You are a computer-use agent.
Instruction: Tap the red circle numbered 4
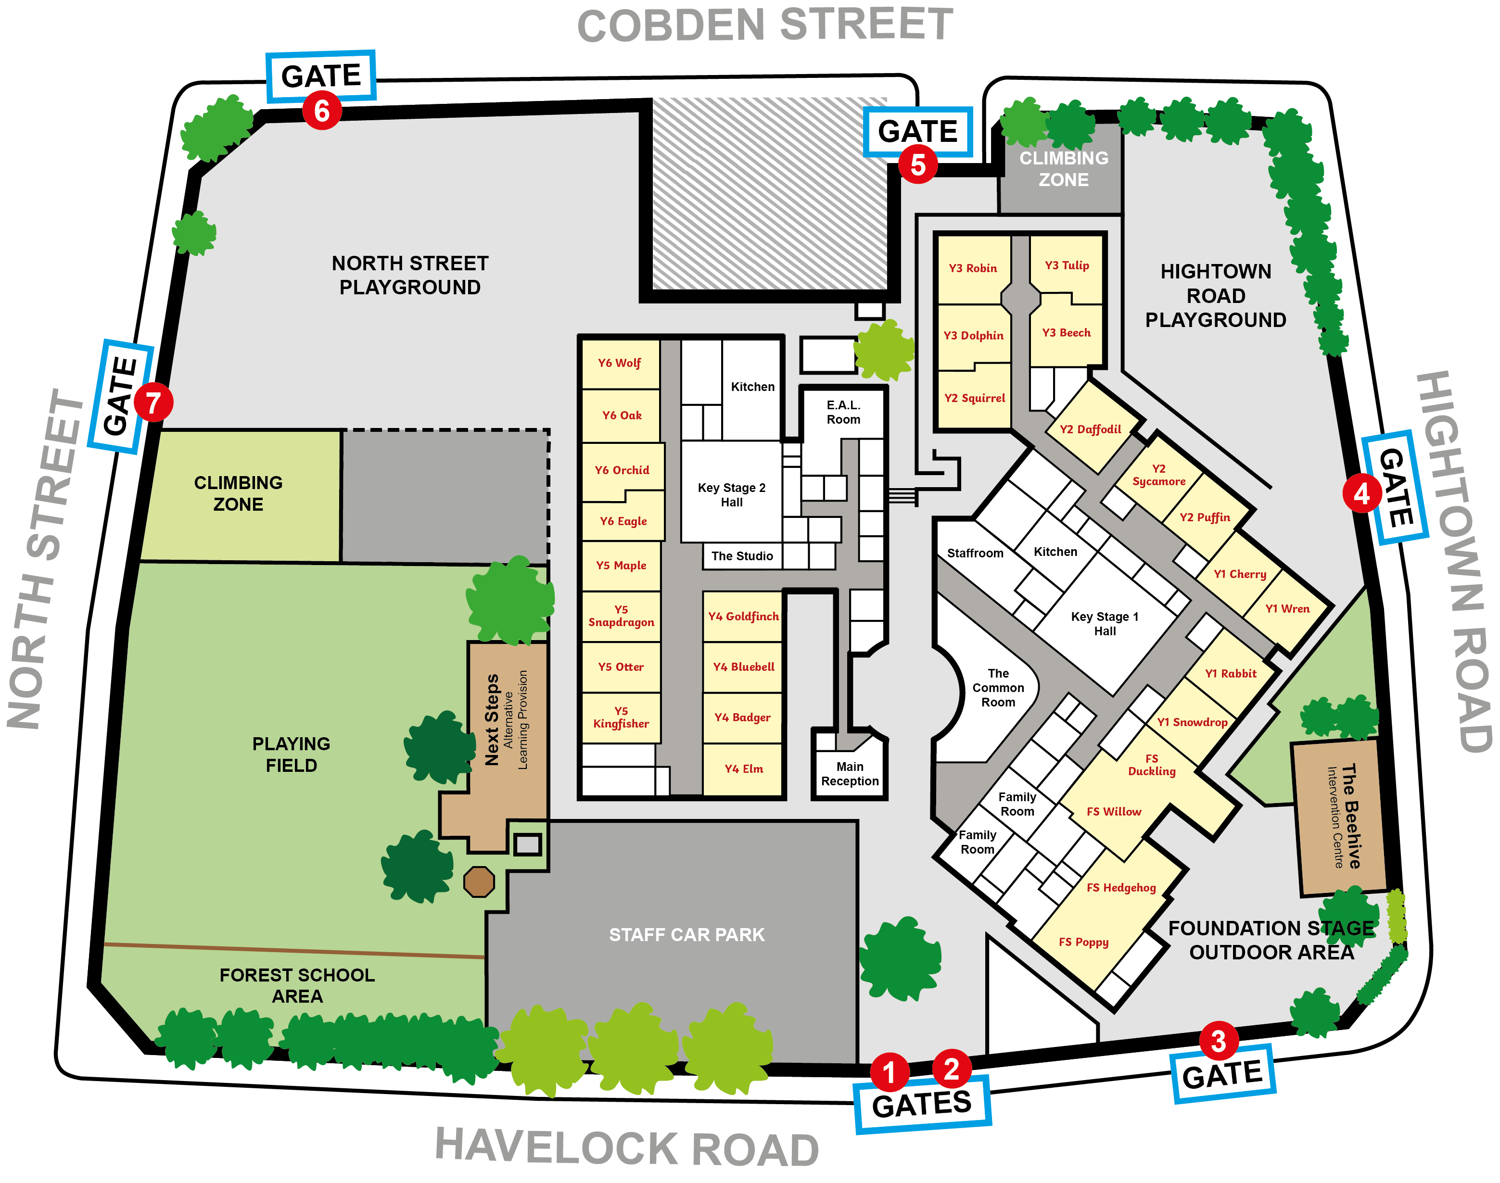(x=1361, y=494)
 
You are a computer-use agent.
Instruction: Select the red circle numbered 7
(x=153, y=403)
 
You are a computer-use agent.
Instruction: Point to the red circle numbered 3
(x=1218, y=1041)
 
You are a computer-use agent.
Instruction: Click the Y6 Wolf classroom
(x=620, y=363)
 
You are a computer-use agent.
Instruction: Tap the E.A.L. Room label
(x=843, y=412)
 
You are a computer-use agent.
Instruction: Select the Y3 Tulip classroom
(x=1066, y=266)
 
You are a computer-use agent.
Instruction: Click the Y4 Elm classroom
(x=743, y=769)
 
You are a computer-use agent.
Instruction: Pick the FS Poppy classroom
(x=1083, y=942)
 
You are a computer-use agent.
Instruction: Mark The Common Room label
(x=998, y=688)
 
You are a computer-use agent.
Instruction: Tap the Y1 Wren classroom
(x=1286, y=609)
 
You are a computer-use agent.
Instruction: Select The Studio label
(x=741, y=556)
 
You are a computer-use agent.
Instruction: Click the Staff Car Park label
(x=686, y=935)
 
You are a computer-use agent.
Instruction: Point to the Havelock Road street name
(x=627, y=1148)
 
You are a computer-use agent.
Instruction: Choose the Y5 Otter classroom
(x=621, y=667)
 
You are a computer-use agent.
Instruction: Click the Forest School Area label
(x=297, y=986)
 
